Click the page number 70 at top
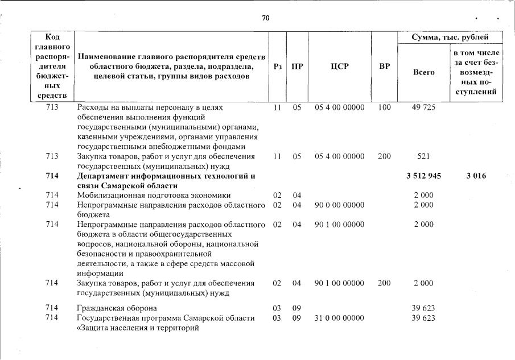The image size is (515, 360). click(x=265, y=18)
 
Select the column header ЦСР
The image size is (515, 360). click(x=339, y=67)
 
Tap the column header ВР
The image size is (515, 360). click(x=384, y=67)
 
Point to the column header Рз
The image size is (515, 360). click(x=278, y=67)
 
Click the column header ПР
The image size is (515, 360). click(x=296, y=67)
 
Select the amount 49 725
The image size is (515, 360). click(x=423, y=107)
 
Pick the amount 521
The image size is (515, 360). click(x=423, y=156)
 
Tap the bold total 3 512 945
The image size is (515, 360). click(x=423, y=176)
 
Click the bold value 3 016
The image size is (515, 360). click(x=475, y=176)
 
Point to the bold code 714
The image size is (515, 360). click(x=52, y=176)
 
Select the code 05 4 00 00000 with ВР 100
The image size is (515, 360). click(x=339, y=107)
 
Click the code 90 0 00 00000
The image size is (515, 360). click(x=339, y=205)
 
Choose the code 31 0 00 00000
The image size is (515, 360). click(x=339, y=318)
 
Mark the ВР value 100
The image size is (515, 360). click(x=384, y=107)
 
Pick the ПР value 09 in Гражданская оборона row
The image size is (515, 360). click(x=296, y=308)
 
